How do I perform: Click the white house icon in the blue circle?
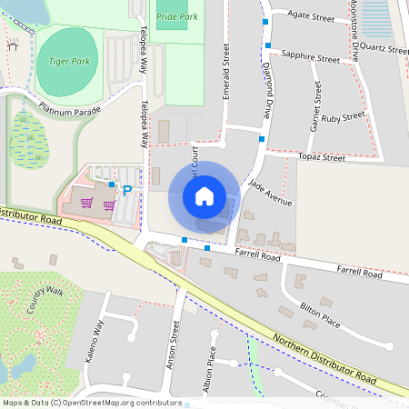(x=204, y=196)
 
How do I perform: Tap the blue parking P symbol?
(x=127, y=190)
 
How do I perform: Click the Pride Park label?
(x=177, y=17)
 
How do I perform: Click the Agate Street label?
(x=312, y=17)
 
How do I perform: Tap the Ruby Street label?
(x=343, y=118)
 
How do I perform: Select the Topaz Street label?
(x=322, y=157)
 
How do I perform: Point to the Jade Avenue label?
(x=270, y=194)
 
